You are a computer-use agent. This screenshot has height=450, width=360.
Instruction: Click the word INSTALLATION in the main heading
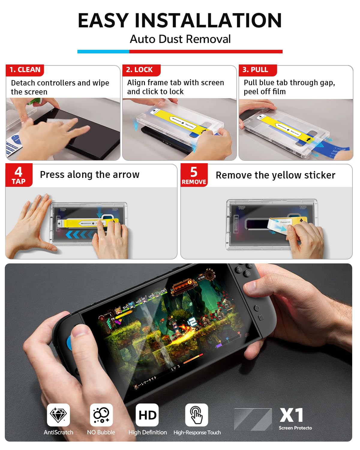[x=208, y=20]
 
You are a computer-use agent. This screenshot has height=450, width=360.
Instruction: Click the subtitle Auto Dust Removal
[x=180, y=39]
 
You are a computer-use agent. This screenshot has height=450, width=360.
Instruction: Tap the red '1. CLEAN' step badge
[x=25, y=70]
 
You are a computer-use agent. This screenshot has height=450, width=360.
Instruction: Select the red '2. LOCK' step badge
[x=141, y=70]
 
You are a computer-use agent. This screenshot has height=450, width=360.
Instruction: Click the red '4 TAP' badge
[x=19, y=175]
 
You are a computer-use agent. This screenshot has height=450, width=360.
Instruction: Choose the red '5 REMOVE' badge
[x=194, y=175]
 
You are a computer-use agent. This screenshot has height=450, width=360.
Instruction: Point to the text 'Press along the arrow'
[x=90, y=175]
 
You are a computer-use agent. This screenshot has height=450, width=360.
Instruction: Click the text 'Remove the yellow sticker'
[x=275, y=175]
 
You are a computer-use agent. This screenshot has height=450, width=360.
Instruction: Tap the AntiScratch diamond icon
[x=58, y=415]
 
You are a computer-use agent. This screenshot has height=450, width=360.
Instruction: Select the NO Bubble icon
[x=101, y=415]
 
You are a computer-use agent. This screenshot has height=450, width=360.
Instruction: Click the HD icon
[x=147, y=415]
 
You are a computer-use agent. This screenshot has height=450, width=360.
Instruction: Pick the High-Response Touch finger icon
[x=196, y=415]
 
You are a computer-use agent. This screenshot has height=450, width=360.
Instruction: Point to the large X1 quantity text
[x=291, y=415]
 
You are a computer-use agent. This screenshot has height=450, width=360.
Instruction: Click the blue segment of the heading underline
[x=103, y=52]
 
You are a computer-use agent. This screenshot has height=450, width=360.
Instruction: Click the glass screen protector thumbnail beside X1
[x=253, y=419]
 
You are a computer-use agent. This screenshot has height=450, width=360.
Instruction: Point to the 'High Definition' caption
[x=148, y=432]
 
